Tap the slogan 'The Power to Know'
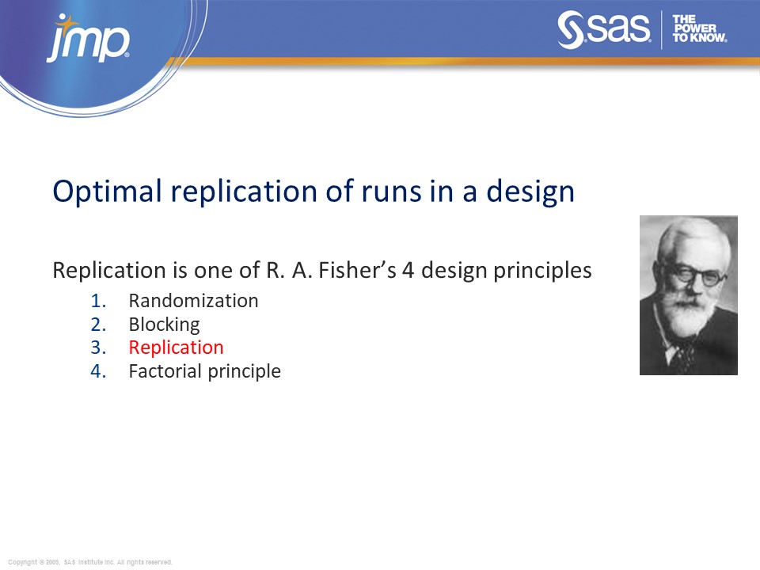(699, 28)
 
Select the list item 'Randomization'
(193, 301)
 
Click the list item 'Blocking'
(164, 325)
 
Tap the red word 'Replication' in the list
(176, 348)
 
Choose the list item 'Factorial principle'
(204, 371)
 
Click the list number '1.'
(97, 301)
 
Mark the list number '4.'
(97, 371)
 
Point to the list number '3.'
(97, 348)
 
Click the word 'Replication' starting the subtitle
(99, 270)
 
